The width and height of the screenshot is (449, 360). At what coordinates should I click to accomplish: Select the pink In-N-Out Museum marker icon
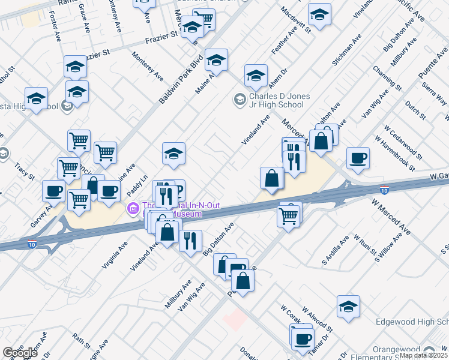[x=133, y=209]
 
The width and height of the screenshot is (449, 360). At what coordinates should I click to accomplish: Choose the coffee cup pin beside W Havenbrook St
[x=358, y=158]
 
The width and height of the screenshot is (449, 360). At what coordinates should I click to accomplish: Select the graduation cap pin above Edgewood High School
[x=348, y=306]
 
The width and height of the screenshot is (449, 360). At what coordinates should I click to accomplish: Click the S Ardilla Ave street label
[x=336, y=251]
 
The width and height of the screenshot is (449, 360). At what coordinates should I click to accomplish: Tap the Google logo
[x=20, y=353]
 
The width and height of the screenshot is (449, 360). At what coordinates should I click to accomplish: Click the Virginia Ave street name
[x=116, y=254]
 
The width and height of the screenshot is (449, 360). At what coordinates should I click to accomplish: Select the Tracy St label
[x=25, y=170]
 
